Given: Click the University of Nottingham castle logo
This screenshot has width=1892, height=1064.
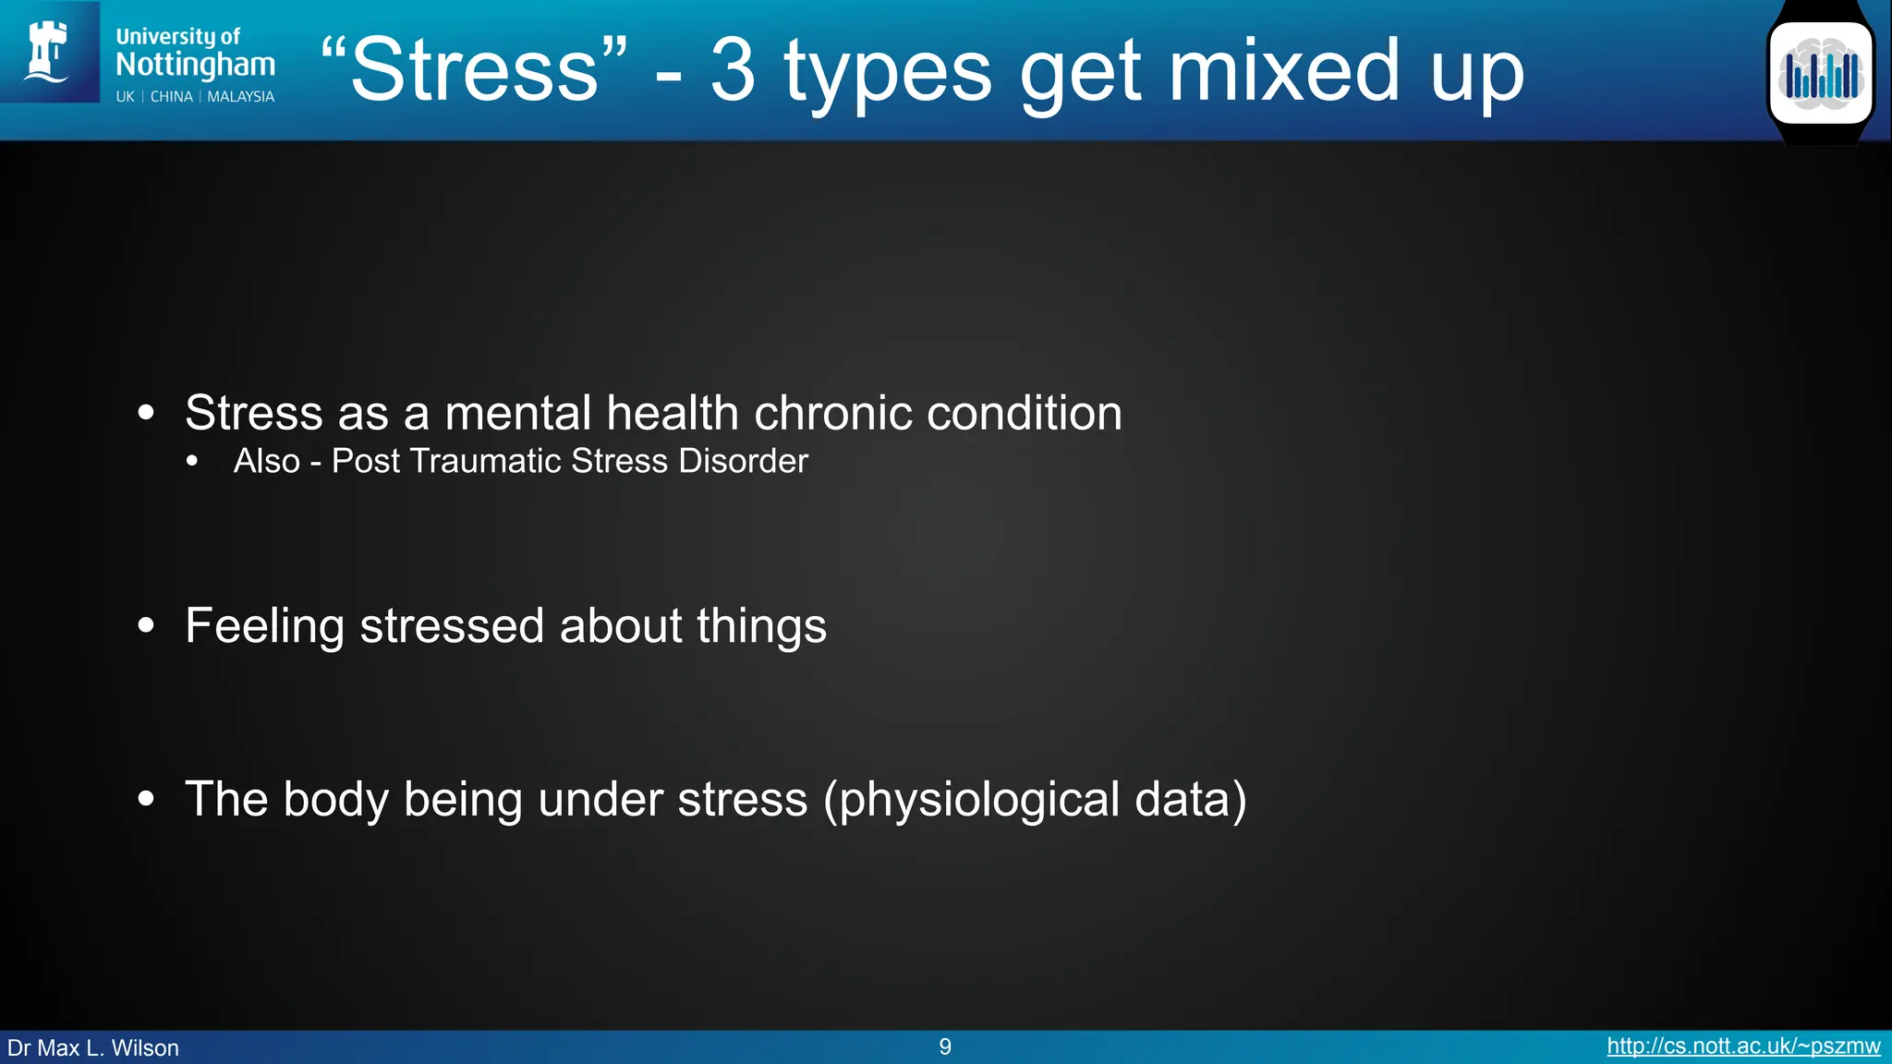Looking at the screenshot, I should pyautogui.click(x=48, y=52).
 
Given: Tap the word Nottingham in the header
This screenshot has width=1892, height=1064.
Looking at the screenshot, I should pyautogui.click(x=195, y=65).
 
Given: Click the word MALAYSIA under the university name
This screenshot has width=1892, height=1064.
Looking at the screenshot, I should pyautogui.click(x=240, y=97).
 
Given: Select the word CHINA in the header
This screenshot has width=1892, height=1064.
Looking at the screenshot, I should pyautogui.click(x=172, y=97).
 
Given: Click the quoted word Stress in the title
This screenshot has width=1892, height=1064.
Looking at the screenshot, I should pyautogui.click(x=475, y=70).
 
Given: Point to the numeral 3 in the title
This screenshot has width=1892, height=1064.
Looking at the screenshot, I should pyautogui.click(x=733, y=70).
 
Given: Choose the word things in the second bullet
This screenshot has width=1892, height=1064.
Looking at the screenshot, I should pyautogui.click(x=761, y=626).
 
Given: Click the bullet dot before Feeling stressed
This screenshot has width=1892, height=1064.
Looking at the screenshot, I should pyautogui.click(x=146, y=626).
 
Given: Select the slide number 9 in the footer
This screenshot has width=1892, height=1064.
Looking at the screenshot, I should pyautogui.click(x=945, y=1046).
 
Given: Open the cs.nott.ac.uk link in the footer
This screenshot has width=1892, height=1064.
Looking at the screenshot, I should pyautogui.click(x=1743, y=1046).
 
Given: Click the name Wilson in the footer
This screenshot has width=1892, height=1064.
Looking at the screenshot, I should pyautogui.click(x=145, y=1048).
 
